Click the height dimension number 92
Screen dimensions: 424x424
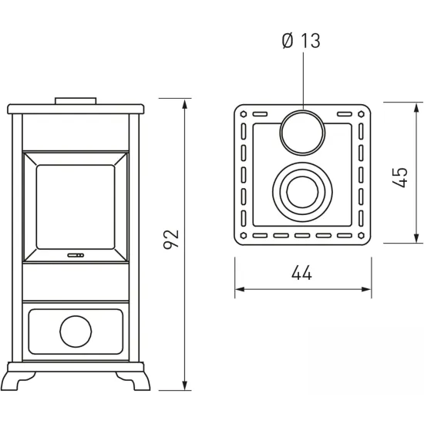click(x=171, y=239)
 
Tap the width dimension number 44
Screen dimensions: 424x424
click(x=301, y=273)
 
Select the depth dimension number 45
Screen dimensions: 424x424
click(x=399, y=177)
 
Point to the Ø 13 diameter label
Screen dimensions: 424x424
click(x=301, y=41)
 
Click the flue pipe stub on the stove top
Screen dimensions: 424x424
click(x=76, y=101)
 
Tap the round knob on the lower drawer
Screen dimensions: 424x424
click(x=76, y=331)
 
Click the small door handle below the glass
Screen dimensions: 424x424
click(x=76, y=255)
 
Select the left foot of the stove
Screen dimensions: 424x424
click(x=19, y=381)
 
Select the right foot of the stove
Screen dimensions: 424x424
click(x=133, y=381)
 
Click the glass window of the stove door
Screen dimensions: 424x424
click(x=76, y=207)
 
